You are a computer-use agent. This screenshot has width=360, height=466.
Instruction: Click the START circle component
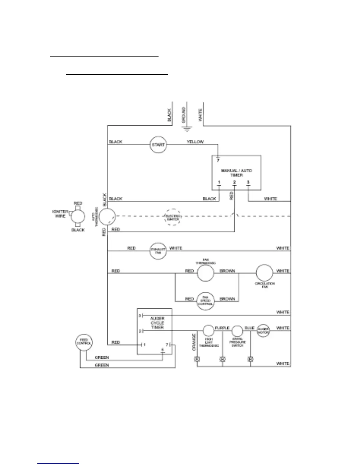[x=158, y=145]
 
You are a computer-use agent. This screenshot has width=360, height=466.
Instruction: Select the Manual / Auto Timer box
[x=236, y=173]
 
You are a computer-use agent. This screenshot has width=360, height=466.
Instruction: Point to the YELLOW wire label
[x=195, y=142]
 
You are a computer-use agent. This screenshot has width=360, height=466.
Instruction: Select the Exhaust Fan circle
[x=158, y=251]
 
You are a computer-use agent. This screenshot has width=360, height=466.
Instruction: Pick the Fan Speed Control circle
[x=205, y=301]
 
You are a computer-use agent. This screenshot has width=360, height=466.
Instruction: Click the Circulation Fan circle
[x=264, y=273]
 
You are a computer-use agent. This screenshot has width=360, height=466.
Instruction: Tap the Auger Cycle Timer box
[x=155, y=331]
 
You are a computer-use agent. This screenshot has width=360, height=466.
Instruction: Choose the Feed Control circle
[x=84, y=342]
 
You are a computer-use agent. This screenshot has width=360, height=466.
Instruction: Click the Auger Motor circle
[x=263, y=330]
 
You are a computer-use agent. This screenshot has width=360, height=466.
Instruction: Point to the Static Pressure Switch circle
[x=237, y=331]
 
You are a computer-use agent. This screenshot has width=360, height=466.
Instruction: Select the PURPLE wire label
[x=222, y=328]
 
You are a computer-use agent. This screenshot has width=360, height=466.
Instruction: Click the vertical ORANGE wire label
[x=194, y=342]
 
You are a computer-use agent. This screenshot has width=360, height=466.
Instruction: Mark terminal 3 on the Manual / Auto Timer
[x=248, y=183]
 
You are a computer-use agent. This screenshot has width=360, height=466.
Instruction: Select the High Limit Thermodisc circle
[x=208, y=331]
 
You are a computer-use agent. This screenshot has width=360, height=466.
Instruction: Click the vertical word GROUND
[x=184, y=115]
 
